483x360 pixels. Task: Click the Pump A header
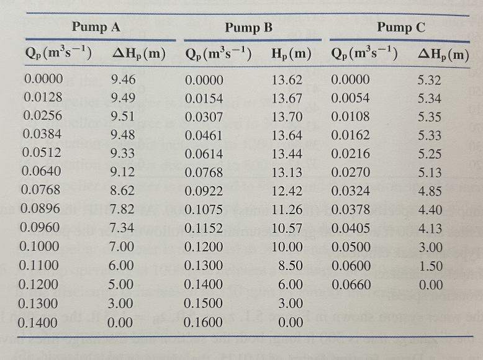(96, 27)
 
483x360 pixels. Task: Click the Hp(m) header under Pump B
(291, 55)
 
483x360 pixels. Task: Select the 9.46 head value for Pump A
(122, 79)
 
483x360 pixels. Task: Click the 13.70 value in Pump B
(287, 117)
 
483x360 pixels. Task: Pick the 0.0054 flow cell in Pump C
(351, 98)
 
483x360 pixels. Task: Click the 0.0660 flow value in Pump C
(351, 286)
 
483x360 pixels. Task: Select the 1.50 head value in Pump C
(431, 266)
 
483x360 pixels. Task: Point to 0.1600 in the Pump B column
(202, 323)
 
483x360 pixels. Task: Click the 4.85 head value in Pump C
(431, 191)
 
